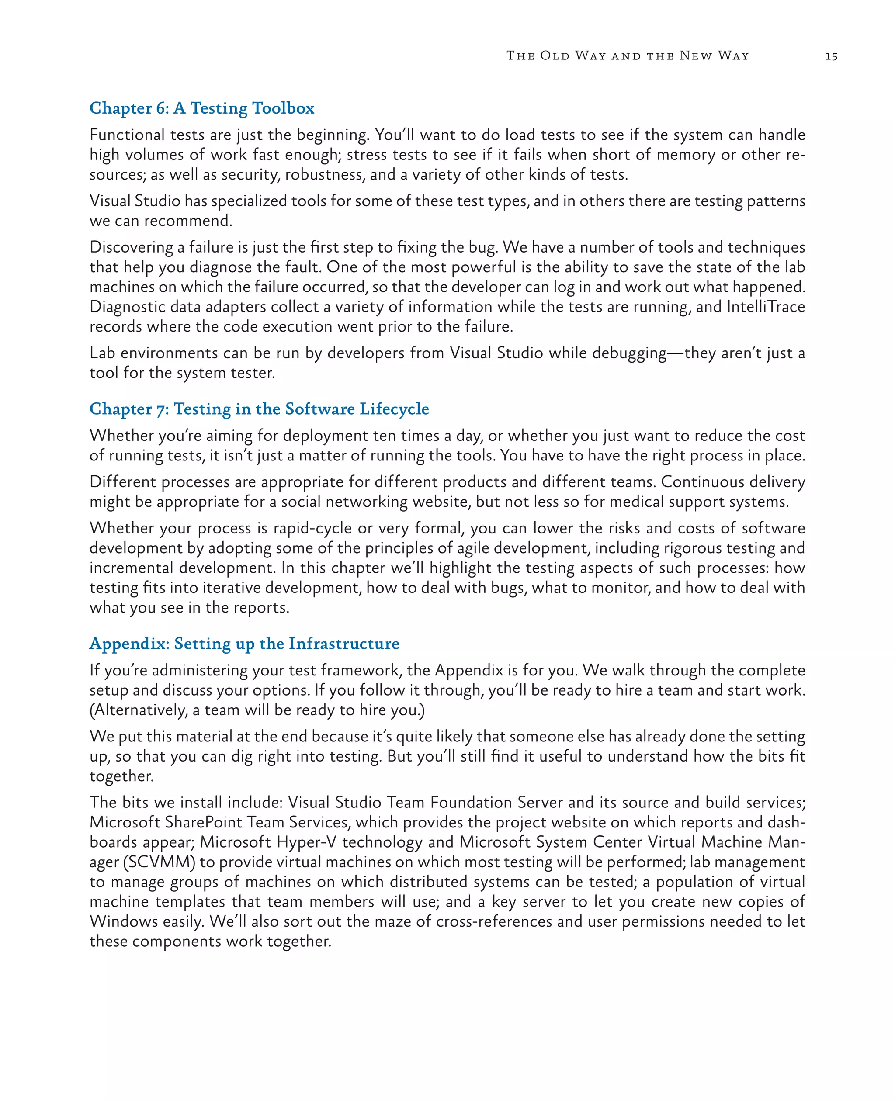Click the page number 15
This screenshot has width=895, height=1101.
tap(831, 56)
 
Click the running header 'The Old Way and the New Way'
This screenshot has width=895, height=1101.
tap(628, 55)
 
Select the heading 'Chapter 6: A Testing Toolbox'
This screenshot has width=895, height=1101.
tap(201, 108)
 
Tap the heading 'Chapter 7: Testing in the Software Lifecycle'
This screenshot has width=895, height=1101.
tap(259, 409)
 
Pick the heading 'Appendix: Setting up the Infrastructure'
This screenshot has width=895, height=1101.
tap(244, 644)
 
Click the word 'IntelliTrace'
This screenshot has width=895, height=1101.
tap(766, 307)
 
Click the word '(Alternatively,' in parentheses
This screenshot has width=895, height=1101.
tap(139, 710)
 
